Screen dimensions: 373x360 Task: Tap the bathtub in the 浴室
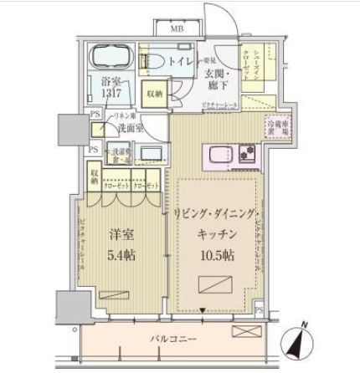(112, 59)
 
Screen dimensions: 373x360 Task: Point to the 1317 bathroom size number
(112, 95)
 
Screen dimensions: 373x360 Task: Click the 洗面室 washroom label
(129, 130)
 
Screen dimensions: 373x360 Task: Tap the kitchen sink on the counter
(219, 155)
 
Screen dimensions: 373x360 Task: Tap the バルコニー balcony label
(172, 340)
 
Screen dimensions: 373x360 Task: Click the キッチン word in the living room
(216, 234)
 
